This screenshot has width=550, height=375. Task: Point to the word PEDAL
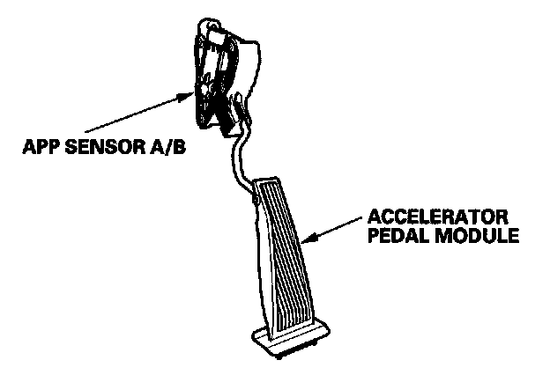[x=392, y=238]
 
